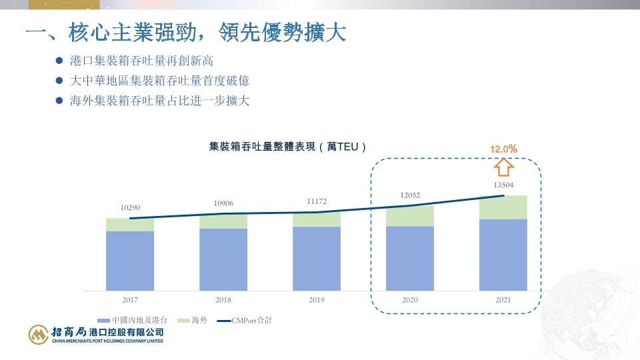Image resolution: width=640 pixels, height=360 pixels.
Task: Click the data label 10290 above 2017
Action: [x=130, y=209]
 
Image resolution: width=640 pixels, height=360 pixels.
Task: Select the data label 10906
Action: [x=223, y=203]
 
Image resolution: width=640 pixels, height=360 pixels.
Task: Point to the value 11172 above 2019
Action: [x=317, y=201]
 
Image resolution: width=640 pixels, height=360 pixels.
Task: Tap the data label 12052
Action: [x=410, y=196]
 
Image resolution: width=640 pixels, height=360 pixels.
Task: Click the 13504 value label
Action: [x=503, y=185]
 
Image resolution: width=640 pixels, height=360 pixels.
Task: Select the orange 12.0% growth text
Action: [x=504, y=149]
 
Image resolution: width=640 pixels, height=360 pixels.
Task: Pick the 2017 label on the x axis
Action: [x=130, y=300]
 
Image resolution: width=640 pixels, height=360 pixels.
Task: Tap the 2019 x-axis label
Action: [x=317, y=300]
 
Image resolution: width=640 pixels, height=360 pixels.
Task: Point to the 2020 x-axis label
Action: [x=410, y=300]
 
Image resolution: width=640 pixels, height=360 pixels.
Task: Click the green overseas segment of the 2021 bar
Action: [x=503, y=207]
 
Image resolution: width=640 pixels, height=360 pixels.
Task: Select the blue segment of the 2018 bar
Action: [x=223, y=259]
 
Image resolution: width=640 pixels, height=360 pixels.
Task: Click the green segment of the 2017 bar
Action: [x=130, y=225]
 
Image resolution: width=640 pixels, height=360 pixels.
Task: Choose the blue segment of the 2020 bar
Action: [x=410, y=258]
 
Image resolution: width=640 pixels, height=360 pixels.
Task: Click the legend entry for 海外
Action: [x=193, y=321]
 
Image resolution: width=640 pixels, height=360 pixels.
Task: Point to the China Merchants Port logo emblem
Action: [x=39, y=335]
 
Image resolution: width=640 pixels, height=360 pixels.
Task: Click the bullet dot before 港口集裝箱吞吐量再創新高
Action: [x=59, y=61]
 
